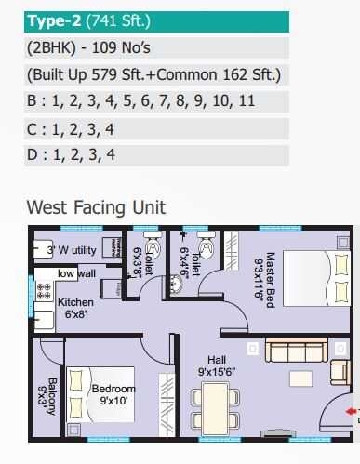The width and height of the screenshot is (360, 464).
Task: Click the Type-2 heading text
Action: (x=85, y=21)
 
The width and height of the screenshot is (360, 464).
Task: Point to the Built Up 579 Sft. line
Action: (x=153, y=75)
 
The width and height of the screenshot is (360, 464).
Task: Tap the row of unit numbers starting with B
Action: (x=140, y=101)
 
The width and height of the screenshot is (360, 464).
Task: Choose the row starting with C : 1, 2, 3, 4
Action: (x=71, y=128)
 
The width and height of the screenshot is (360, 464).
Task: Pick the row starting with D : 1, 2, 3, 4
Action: (x=71, y=154)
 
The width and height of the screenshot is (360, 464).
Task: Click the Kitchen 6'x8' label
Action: (x=75, y=309)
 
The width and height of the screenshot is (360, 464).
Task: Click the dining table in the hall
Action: (x=215, y=407)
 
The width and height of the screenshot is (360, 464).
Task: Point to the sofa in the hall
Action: (x=295, y=351)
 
